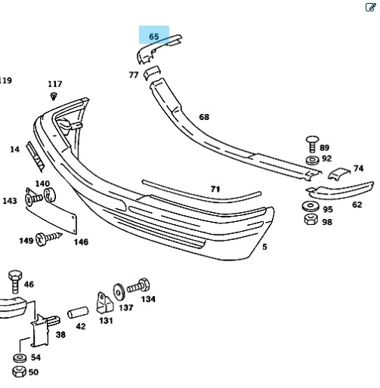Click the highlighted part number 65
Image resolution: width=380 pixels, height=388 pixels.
click(154, 36)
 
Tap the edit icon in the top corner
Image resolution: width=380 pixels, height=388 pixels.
click(370, 7)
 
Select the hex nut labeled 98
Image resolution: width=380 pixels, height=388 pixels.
click(310, 219)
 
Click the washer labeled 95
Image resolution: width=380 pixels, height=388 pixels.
click(310, 206)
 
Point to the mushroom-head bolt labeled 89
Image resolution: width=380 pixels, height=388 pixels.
click(312, 144)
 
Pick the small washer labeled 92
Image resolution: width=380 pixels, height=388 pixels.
click(312, 160)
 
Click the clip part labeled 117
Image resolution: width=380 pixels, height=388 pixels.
click(54, 97)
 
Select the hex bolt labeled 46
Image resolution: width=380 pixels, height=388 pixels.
click(15, 282)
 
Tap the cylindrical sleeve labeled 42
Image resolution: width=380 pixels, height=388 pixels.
click(78, 313)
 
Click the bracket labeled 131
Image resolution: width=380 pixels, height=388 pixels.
click(104, 303)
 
